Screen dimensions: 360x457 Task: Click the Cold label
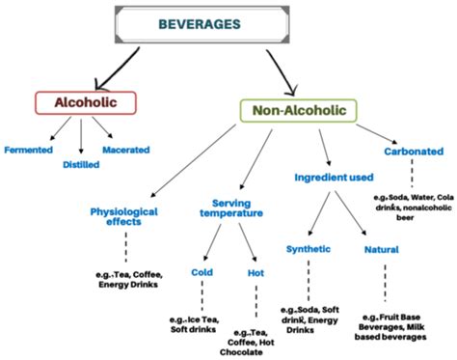[x=202, y=272]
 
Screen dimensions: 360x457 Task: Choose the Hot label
[x=255, y=272]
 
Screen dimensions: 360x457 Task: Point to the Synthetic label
[x=309, y=249]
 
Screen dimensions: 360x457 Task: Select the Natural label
[x=382, y=250]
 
